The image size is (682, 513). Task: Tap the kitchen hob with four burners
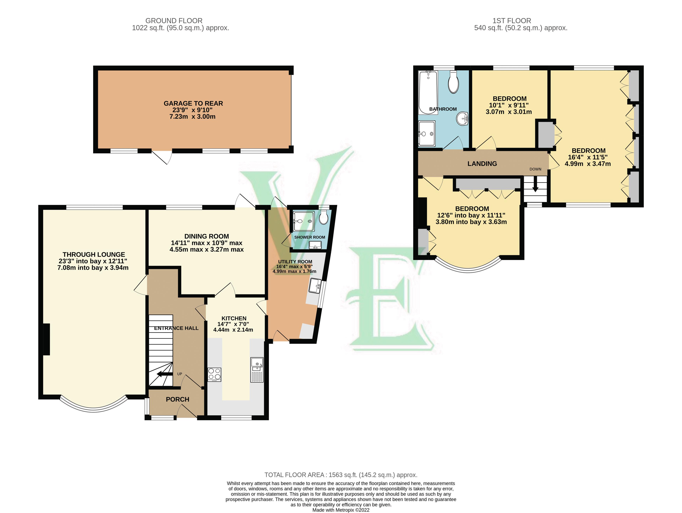tap(214, 375)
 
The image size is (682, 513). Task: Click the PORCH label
tap(177, 399)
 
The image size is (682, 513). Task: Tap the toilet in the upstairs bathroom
tap(453, 82)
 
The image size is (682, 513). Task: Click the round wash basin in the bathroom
tap(462, 119)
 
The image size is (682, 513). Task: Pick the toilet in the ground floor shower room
tap(323, 218)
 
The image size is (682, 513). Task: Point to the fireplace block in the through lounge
tap(46, 339)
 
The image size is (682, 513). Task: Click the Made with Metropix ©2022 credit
tap(341, 510)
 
